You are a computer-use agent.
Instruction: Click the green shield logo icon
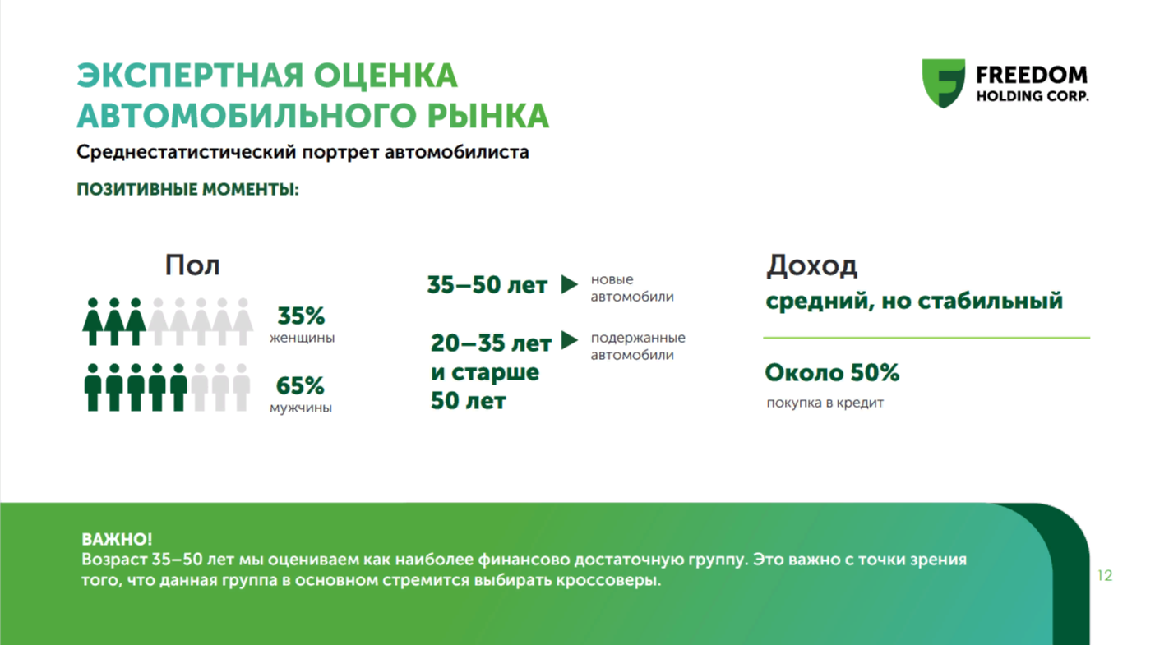click(x=943, y=83)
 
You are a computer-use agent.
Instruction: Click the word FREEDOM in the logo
click(x=1032, y=76)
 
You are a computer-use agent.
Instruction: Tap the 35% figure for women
click(x=301, y=316)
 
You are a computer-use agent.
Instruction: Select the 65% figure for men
click(x=300, y=385)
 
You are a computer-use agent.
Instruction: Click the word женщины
click(x=303, y=338)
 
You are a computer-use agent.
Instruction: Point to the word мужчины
click(x=301, y=408)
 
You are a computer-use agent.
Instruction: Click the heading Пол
click(x=192, y=265)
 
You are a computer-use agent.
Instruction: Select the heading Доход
click(x=811, y=266)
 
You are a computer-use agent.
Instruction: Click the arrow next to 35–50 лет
click(x=569, y=284)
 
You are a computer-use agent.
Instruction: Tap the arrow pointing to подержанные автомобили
click(x=569, y=340)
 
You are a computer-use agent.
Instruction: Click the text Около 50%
click(x=832, y=372)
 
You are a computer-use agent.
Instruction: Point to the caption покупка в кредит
click(x=825, y=403)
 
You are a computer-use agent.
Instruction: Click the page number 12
click(x=1105, y=575)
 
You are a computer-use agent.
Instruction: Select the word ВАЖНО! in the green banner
click(x=117, y=539)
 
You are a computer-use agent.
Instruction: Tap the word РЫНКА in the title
click(x=488, y=115)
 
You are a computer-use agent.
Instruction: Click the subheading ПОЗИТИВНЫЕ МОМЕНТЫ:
click(x=187, y=190)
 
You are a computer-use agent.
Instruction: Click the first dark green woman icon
click(x=93, y=321)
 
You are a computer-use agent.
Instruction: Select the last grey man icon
click(x=242, y=388)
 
